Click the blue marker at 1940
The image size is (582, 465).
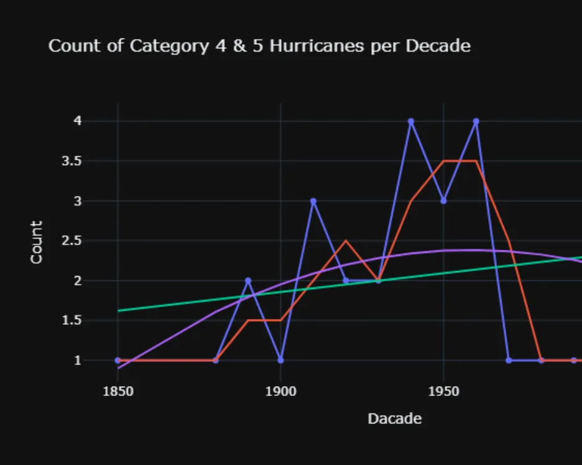point(411,121)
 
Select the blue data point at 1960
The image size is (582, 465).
point(476,121)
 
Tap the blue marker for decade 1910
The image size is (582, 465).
point(313,201)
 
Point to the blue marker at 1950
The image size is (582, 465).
point(443,201)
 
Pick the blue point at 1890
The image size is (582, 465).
point(248,280)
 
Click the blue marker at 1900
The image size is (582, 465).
point(280,360)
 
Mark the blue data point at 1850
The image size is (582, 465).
point(118,360)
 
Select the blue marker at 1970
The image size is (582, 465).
point(509,360)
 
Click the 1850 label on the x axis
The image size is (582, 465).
point(118,392)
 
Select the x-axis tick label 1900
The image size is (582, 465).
point(280,392)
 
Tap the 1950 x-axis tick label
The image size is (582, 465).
point(443,392)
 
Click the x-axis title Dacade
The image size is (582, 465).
point(395,418)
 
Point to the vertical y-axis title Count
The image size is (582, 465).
point(37,242)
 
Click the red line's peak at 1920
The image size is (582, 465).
point(346,241)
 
